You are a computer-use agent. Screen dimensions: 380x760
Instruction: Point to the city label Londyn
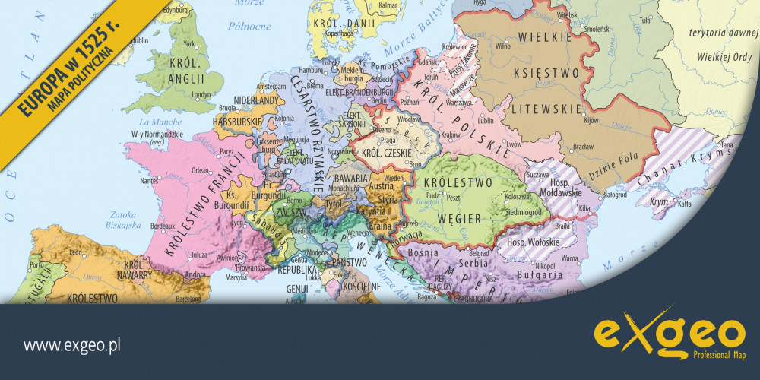coord(201,95)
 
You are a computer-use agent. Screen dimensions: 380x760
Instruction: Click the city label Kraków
coord(451,135)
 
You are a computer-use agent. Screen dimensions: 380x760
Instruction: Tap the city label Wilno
coord(502,46)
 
